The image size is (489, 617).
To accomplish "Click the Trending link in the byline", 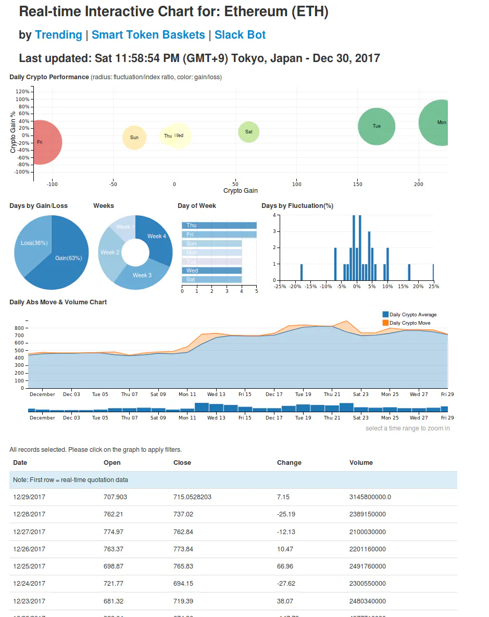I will point(58,35).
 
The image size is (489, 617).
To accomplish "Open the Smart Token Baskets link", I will point(148,35).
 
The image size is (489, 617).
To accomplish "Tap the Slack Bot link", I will point(240,35).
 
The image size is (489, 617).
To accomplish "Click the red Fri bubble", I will point(42,142).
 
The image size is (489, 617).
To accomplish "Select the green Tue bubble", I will point(377,126).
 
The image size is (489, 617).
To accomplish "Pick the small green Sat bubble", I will point(248,132).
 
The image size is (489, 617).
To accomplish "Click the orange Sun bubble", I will point(134,138).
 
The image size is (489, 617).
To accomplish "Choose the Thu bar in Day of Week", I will point(219,225).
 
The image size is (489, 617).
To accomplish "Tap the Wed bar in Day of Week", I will point(211,270).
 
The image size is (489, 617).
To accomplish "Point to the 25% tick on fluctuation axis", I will point(433,286).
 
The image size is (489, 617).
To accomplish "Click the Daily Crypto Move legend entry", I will point(409,323).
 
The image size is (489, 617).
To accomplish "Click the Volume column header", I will point(361,463).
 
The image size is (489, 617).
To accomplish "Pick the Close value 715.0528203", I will point(192,497).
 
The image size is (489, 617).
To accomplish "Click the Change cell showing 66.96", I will point(285,566).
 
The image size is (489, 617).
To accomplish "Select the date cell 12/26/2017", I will point(29,549).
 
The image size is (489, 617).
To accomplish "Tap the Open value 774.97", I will point(115,532).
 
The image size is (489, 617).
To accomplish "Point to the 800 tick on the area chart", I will point(19,328).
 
